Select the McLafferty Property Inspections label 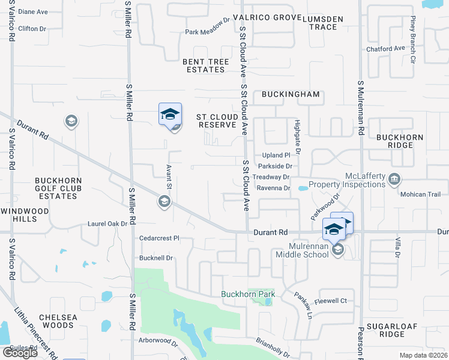[346, 180]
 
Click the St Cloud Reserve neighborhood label [217, 121]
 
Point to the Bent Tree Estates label [205, 66]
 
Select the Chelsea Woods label [56, 321]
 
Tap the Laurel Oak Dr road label [108, 224]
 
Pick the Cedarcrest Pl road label [159, 238]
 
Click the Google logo [20, 353]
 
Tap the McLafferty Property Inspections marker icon [394, 179]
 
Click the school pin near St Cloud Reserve [170, 113]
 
